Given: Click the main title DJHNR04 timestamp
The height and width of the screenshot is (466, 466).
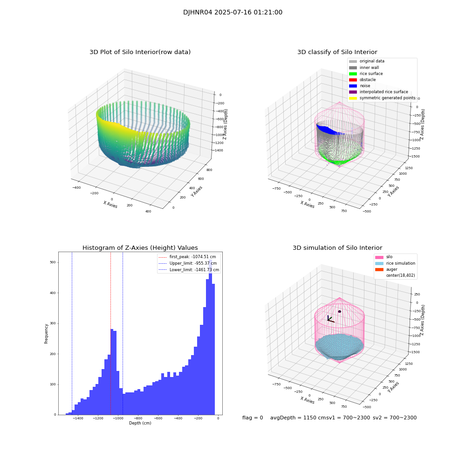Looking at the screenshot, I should [x=233, y=13].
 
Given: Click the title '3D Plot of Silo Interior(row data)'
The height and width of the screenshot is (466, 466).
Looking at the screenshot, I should [x=140, y=52].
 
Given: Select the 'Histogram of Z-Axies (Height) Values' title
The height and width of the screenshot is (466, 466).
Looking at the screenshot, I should [x=140, y=248].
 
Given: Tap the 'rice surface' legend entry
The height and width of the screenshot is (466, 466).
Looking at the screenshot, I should [x=371, y=74].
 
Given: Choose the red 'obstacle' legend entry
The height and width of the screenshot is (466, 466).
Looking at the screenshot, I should [x=367, y=80].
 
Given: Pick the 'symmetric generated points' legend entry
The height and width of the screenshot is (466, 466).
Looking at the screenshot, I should [x=387, y=98].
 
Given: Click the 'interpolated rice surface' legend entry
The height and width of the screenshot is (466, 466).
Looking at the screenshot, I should [x=384, y=92].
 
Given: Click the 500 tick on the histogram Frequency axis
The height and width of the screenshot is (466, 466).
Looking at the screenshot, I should [x=52, y=262].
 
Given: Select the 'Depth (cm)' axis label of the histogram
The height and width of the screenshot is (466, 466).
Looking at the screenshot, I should [x=140, y=423].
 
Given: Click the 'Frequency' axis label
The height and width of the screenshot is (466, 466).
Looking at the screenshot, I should [x=46, y=333].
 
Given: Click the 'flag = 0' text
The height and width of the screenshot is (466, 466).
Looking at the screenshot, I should [x=253, y=418].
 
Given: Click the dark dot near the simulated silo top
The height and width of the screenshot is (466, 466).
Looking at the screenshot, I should [x=339, y=311].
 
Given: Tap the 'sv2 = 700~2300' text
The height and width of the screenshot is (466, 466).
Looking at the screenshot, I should [x=394, y=418].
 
